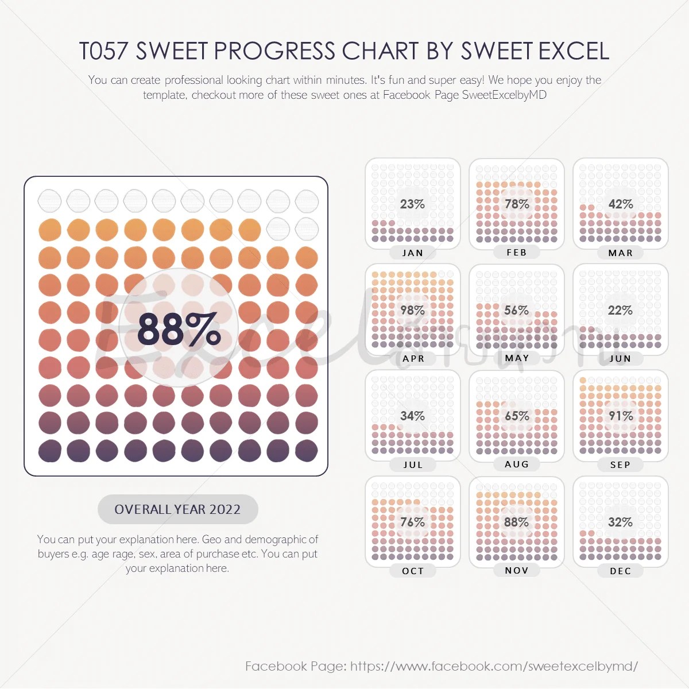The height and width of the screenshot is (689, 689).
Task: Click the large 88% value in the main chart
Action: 179,330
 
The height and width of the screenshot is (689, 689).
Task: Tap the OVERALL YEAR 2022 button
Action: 177,509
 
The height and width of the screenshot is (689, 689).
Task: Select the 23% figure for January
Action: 412,204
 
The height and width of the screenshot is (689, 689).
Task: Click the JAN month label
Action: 413,253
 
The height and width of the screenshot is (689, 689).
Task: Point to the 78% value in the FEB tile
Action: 517,204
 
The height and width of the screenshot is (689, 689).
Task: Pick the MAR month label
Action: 621,253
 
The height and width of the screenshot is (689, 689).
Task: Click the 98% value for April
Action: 412,311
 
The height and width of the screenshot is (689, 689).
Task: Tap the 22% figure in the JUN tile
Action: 620,311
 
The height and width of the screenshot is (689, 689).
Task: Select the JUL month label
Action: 413,465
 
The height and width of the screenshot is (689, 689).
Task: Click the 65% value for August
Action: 517,416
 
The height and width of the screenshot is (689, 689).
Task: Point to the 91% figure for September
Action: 621,416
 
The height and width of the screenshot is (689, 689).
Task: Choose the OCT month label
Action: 413,571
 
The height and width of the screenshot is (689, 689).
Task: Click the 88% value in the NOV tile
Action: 516,522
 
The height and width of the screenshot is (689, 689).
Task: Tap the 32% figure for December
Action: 620,522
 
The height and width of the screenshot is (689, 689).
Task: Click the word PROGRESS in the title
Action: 274,52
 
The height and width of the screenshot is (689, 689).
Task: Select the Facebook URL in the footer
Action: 494,667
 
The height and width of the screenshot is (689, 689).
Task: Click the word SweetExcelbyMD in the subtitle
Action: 504,95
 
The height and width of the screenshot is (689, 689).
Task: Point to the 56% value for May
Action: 516,311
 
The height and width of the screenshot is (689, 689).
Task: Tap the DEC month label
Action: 621,571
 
